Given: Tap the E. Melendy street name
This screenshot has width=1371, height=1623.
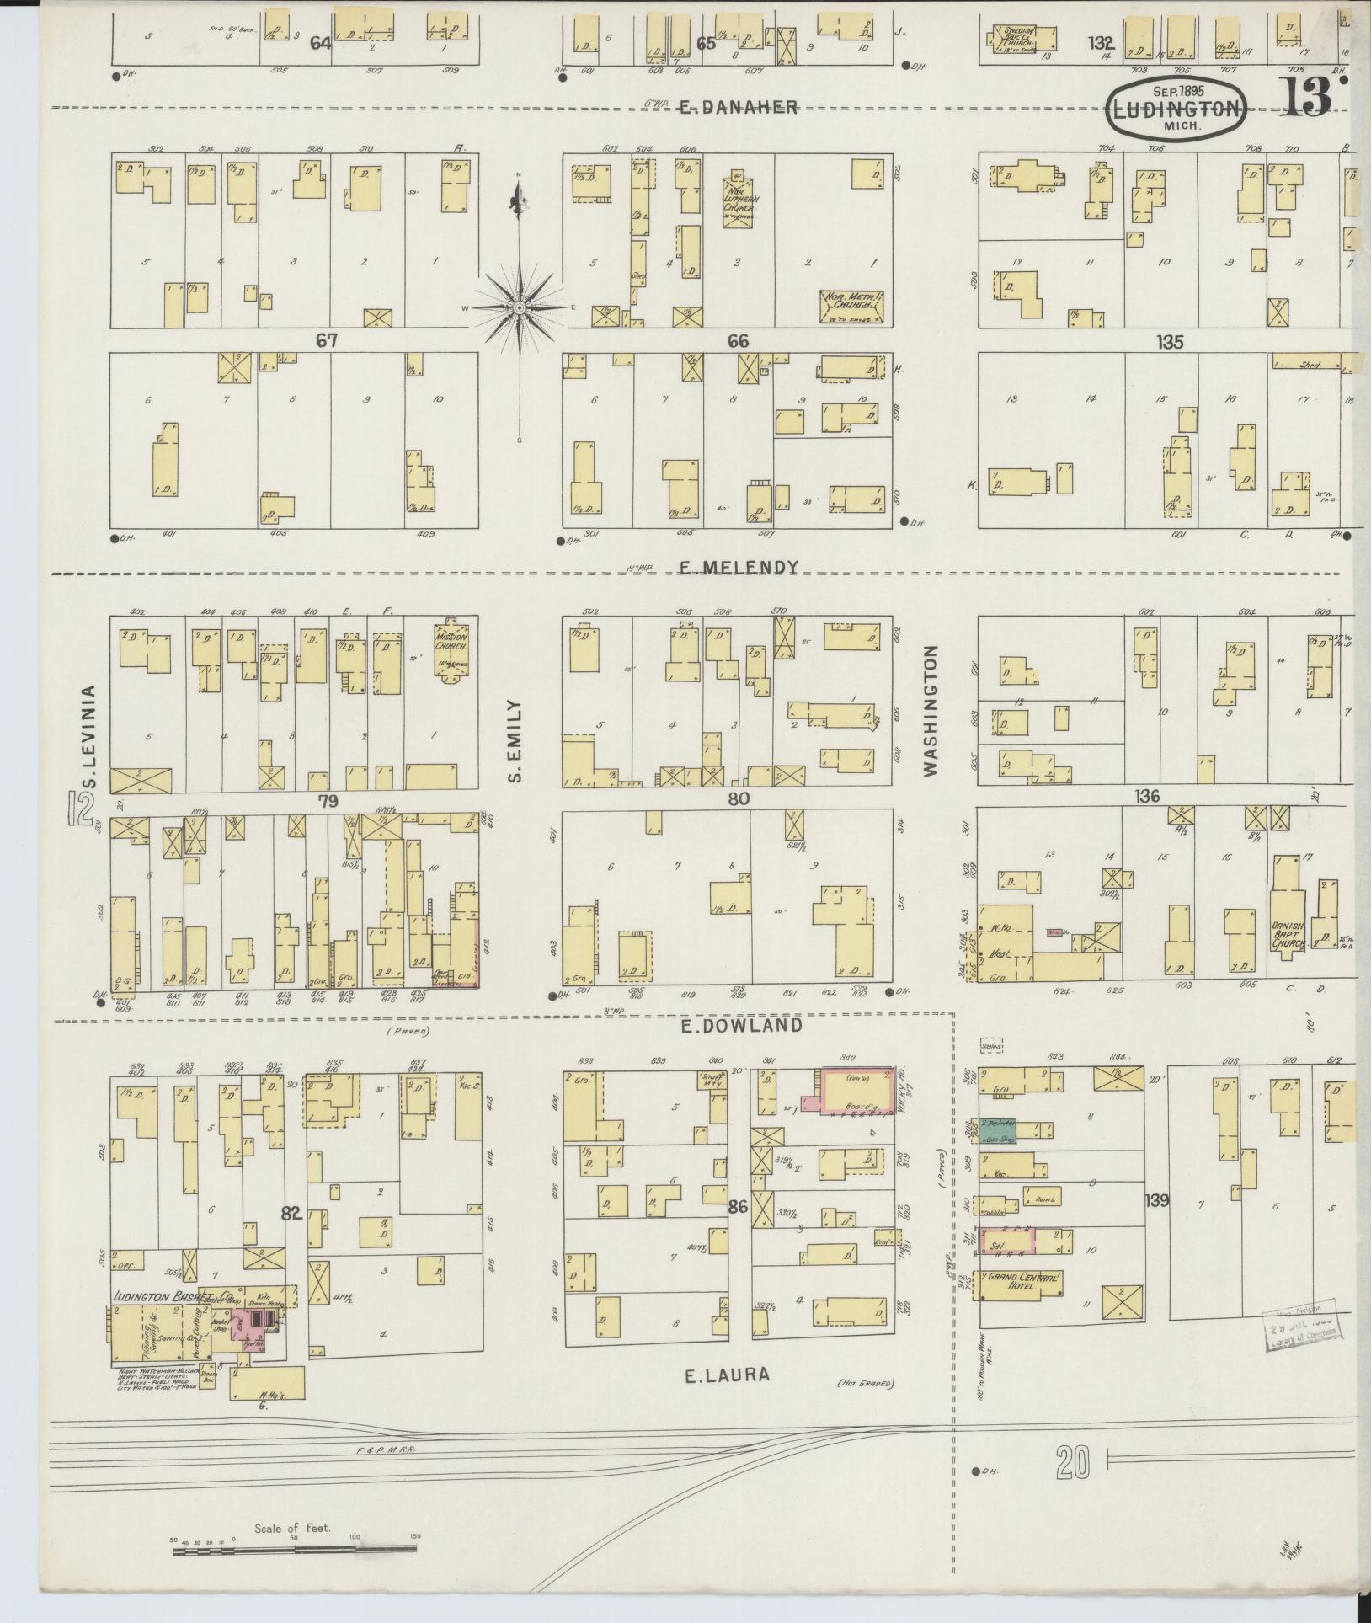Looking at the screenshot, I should pos(738,568).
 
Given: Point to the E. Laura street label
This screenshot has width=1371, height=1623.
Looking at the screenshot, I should pos(727,1375).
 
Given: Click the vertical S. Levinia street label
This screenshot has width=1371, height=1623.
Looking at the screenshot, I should pos(90,737).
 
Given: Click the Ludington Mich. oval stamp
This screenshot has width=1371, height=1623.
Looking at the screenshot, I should pos(1176,109).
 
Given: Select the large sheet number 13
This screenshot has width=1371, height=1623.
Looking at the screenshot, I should pos(1307,97).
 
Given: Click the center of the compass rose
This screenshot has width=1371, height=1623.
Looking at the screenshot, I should pos(520,309).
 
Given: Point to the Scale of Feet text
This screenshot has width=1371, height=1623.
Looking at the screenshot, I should pos(292,1527).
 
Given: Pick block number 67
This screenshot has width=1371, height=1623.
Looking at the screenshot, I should pos(326,340).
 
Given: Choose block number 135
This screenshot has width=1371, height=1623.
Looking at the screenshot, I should pos(1170,342).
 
